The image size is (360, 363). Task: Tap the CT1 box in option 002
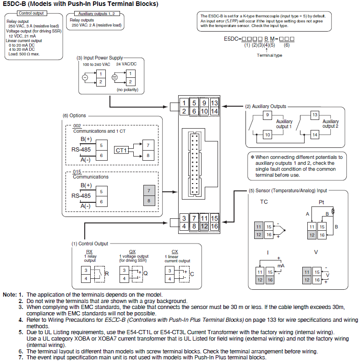[x=121, y=150]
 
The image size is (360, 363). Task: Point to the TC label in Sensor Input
[x=264, y=202]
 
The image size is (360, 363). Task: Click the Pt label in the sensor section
[x=322, y=202]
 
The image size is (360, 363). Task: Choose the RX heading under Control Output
[x=89, y=252]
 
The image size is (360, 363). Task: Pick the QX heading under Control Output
[x=132, y=252]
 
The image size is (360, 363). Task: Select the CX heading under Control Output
[x=175, y=252]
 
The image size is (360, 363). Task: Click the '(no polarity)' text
[x=127, y=90]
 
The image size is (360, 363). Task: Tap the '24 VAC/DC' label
[x=126, y=65]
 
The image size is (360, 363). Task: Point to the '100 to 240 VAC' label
[x=96, y=65]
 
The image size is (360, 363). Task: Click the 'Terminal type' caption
[x=269, y=55]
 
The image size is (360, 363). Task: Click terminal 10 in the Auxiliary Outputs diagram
[x=267, y=134]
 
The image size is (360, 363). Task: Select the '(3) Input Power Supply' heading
[x=100, y=58]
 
